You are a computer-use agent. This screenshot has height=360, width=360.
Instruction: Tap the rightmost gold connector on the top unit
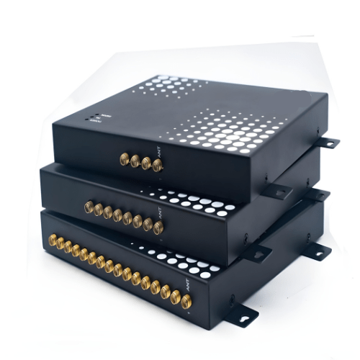pyautogui.click(x=157, y=166)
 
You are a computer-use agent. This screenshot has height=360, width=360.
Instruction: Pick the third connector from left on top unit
pyautogui.click(x=145, y=163)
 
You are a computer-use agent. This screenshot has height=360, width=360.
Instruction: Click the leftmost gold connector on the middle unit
pyautogui.click(x=89, y=207)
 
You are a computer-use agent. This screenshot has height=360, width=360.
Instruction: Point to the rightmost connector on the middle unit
pyautogui.click(x=158, y=228)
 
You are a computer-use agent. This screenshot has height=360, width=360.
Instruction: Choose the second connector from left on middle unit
pyautogui.click(x=98, y=210)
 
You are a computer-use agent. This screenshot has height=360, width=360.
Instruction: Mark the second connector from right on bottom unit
pyautogui.click(x=176, y=297)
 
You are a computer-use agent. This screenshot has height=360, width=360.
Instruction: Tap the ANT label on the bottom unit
pyautogui.click(x=191, y=288)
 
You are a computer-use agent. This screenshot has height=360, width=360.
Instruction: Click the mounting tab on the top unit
pyautogui.click(x=328, y=143)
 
